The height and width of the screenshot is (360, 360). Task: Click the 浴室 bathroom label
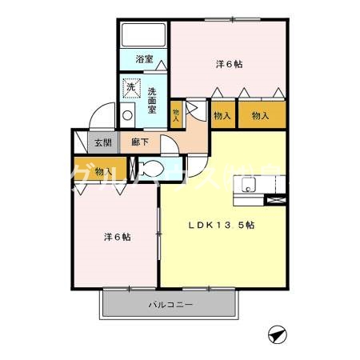tap(144, 59)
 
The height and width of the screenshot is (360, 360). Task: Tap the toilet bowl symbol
tap(148, 170)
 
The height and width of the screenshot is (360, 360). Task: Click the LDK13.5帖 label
tap(221, 225)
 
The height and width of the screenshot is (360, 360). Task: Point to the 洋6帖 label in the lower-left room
tap(117, 238)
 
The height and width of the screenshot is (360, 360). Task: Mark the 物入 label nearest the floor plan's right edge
tap(260, 116)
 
